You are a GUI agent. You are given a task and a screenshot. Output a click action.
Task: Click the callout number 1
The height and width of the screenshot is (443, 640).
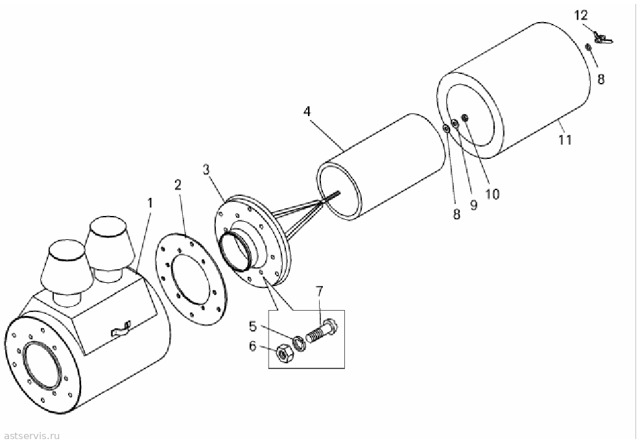[x=150, y=203]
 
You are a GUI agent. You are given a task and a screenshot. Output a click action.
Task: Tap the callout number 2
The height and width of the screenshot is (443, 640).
[x=178, y=185]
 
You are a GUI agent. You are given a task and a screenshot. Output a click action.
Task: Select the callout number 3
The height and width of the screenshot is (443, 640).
[x=207, y=169]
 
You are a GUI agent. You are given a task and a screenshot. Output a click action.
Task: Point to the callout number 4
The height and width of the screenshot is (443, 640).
[x=307, y=111]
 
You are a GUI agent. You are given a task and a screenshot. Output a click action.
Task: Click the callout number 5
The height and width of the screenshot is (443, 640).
[x=253, y=326]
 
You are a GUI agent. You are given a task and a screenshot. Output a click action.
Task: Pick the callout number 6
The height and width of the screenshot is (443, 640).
[x=253, y=346]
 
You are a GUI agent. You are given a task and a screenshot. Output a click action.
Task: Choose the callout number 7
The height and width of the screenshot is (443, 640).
[x=319, y=291]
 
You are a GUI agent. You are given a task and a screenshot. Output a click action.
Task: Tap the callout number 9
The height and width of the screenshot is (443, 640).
[x=473, y=204]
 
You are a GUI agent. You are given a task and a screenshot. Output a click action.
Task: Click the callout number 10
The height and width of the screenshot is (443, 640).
[x=492, y=194]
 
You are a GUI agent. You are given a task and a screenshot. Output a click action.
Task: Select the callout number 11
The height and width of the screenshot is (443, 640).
[x=565, y=139]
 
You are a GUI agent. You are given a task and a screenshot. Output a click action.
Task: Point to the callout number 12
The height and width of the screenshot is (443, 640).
[x=581, y=16]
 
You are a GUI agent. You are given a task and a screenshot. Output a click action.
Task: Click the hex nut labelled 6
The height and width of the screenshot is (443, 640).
[x=281, y=354]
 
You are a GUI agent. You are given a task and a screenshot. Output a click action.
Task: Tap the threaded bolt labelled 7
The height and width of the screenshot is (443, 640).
[x=321, y=331]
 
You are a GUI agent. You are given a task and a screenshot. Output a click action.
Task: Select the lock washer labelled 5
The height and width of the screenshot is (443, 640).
[x=299, y=343]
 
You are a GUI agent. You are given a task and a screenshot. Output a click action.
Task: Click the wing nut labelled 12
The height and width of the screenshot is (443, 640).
[x=603, y=38]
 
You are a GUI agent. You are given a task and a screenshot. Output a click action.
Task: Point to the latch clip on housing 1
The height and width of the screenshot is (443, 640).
[x=121, y=329]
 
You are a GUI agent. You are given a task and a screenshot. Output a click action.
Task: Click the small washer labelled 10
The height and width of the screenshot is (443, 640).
[x=464, y=118]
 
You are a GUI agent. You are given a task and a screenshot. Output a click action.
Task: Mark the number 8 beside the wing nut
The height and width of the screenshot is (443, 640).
[x=601, y=78]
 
